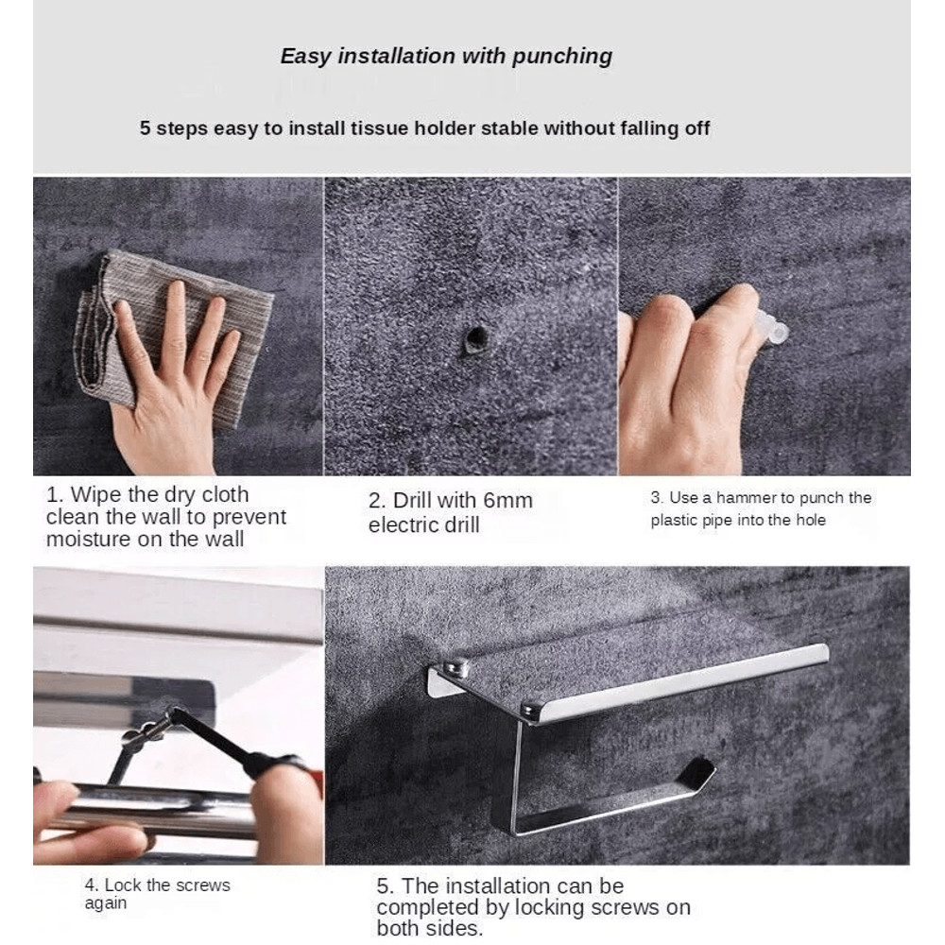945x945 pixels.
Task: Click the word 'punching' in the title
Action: pyautogui.click(x=561, y=57)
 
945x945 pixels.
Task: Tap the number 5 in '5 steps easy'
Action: pyautogui.click(x=145, y=129)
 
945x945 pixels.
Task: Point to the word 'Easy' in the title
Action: pyautogui.click(x=306, y=57)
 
